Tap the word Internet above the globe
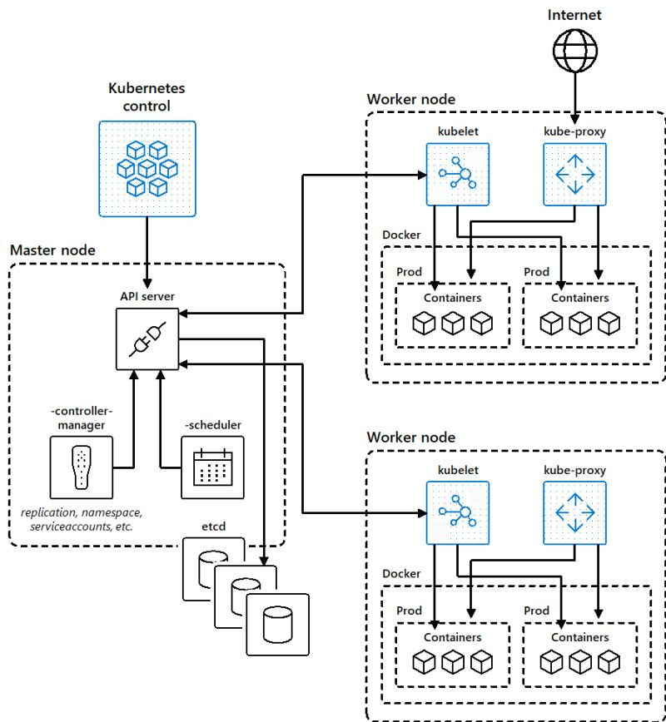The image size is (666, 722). [574, 15]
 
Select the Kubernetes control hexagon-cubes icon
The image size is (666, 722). [147, 169]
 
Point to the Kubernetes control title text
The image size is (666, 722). [147, 96]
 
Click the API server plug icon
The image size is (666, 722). [147, 338]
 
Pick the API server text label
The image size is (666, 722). [147, 295]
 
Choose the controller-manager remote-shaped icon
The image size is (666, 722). [80, 467]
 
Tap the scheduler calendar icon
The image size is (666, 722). [212, 467]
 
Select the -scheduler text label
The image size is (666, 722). [213, 425]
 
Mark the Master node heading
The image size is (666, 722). [52, 250]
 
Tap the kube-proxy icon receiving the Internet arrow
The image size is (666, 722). [574, 174]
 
